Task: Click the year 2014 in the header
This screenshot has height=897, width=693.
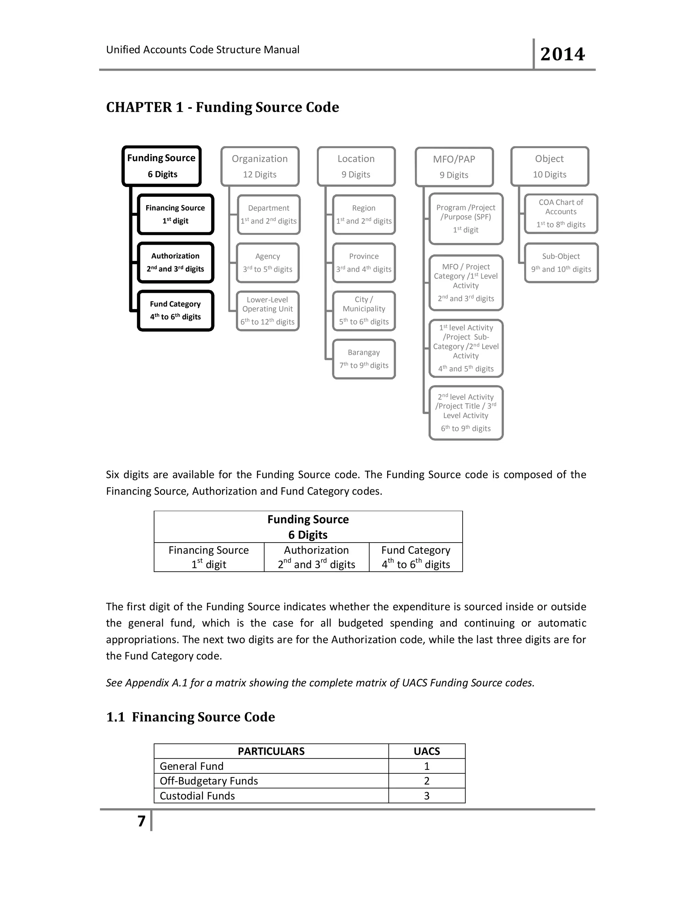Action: point(562,54)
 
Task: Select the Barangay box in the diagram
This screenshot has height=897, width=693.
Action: point(364,359)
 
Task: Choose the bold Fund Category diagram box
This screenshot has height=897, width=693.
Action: point(175,310)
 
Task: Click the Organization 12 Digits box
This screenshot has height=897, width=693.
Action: point(260,166)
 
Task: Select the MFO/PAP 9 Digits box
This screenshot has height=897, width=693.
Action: point(454,167)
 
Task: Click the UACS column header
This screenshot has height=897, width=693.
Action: point(427,751)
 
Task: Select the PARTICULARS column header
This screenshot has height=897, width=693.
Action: point(271,751)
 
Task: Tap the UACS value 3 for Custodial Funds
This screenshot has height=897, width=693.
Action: point(427,795)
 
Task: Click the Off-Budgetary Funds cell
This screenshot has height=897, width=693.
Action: point(209,781)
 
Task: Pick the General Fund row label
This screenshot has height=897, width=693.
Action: point(192,766)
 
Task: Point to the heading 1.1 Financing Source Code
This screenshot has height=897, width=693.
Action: point(191,717)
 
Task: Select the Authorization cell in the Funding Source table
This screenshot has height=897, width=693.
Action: point(316,557)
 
